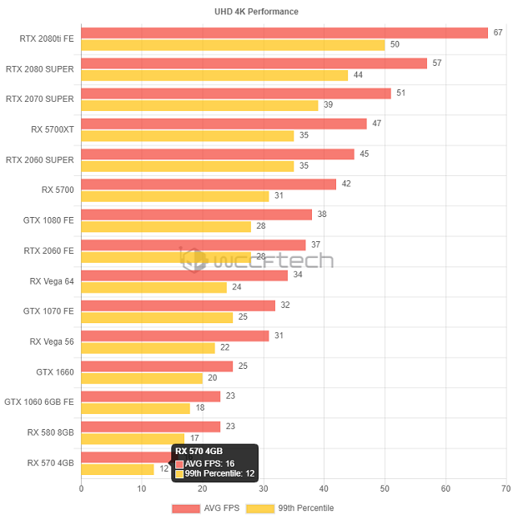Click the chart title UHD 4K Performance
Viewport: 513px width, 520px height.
(x=256, y=12)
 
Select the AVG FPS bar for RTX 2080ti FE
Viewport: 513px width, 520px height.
(x=284, y=33)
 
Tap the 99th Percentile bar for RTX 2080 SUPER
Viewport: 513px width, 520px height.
(x=214, y=75)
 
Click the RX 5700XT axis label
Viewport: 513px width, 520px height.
(x=52, y=129)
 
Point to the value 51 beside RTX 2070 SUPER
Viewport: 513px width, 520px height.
(x=400, y=93)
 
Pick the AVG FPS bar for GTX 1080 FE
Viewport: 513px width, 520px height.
(x=196, y=215)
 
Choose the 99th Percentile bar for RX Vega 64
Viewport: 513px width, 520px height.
(x=153, y=287)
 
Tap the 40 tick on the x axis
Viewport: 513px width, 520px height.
(x=324, y=489)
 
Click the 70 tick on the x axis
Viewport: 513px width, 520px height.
(x=505, y=489)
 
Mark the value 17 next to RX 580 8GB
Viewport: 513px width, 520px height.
(x=194, y=438)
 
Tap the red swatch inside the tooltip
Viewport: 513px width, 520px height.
(x=179, y=463)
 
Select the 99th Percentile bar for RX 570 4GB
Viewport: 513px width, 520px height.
(x=117, y=469)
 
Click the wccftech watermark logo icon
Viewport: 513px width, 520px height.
(x=195, y=260)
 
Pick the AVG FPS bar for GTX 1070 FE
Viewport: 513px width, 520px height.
(x=178, y=305)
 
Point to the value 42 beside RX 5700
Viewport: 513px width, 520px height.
(x=346, y=184)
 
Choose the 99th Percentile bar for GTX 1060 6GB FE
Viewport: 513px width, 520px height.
(x=135, y=408)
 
